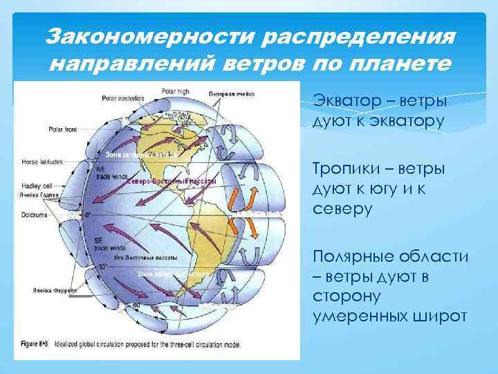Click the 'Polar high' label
pyautogui.click(x=175, y=91)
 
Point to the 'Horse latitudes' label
pyautogui.click(x=41, y=161)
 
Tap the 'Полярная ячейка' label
pyautogui.click(x=232, y=92)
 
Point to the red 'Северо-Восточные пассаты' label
pyautogui.click(x=172, y=180)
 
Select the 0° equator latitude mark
pyautogui.click(x=88, y=215)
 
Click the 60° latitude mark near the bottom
pyautogui.click(x=137, y=305)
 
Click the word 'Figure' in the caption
pyautogui.click(x=28, y=343)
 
